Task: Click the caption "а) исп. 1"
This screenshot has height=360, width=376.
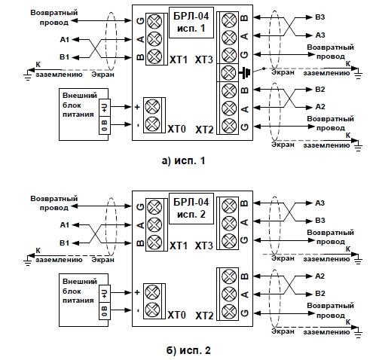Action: [183, 160]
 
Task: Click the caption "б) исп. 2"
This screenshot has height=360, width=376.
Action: [188, 350]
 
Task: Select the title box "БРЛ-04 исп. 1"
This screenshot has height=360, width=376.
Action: [191, 23]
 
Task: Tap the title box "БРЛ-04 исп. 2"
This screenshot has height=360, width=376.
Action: [191, 209]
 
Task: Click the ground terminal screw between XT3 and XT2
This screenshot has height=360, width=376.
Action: [229, 73]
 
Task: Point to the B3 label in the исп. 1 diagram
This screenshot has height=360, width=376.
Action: [320, 17]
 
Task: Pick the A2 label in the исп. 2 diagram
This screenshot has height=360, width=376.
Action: [320, 276]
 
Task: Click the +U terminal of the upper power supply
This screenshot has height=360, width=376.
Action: [105, 108]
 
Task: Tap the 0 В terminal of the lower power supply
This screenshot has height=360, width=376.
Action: [105, 311]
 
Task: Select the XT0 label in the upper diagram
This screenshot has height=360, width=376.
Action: [177, 129]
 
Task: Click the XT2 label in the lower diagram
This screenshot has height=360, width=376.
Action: [204, 316]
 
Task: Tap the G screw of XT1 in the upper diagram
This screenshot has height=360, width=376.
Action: [154, 21]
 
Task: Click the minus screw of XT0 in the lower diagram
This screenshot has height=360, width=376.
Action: [153, 310]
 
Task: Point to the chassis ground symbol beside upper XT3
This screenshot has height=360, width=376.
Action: [245, 73]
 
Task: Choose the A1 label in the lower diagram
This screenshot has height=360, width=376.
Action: [65, 225]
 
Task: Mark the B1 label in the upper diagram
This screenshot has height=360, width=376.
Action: [65, 57]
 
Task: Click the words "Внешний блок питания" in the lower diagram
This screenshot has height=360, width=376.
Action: [79, 291]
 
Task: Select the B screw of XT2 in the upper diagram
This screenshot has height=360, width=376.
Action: [229, 90]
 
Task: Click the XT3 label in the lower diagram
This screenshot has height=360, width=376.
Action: [204, 246]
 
